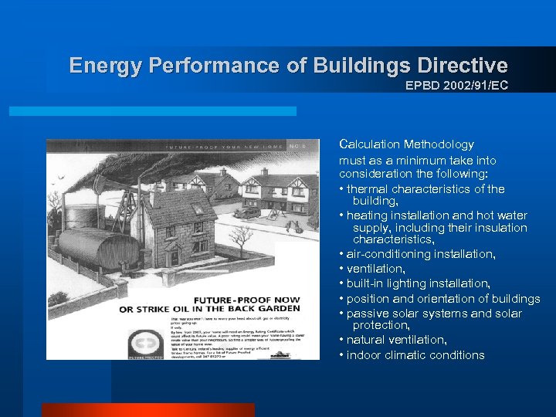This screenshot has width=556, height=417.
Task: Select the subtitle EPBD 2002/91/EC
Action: (x=456, y=85)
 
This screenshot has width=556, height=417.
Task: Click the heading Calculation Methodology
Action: (x=406, y=144)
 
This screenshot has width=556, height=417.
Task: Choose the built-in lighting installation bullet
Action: (x=418, y=283)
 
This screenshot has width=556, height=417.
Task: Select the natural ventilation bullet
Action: (x=397, y=340)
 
